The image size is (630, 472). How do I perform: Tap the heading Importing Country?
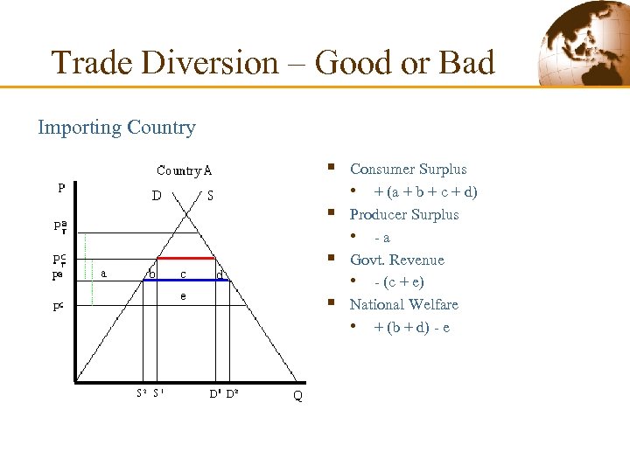116,128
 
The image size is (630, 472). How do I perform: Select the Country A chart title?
184,170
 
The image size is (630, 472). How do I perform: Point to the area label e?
183,296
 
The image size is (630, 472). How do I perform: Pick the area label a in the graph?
104,273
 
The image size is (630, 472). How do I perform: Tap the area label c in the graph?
182,274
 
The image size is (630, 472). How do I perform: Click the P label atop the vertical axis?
61,187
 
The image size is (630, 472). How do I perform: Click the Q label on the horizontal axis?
298,396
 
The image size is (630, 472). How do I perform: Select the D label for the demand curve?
156,196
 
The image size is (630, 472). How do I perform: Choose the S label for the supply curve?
210,196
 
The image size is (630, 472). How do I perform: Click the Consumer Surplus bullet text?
408,170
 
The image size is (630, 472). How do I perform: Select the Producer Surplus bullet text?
403,214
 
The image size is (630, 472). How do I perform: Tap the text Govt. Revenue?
396,260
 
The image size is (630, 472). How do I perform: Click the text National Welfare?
403,304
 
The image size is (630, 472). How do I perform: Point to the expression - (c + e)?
400,282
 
